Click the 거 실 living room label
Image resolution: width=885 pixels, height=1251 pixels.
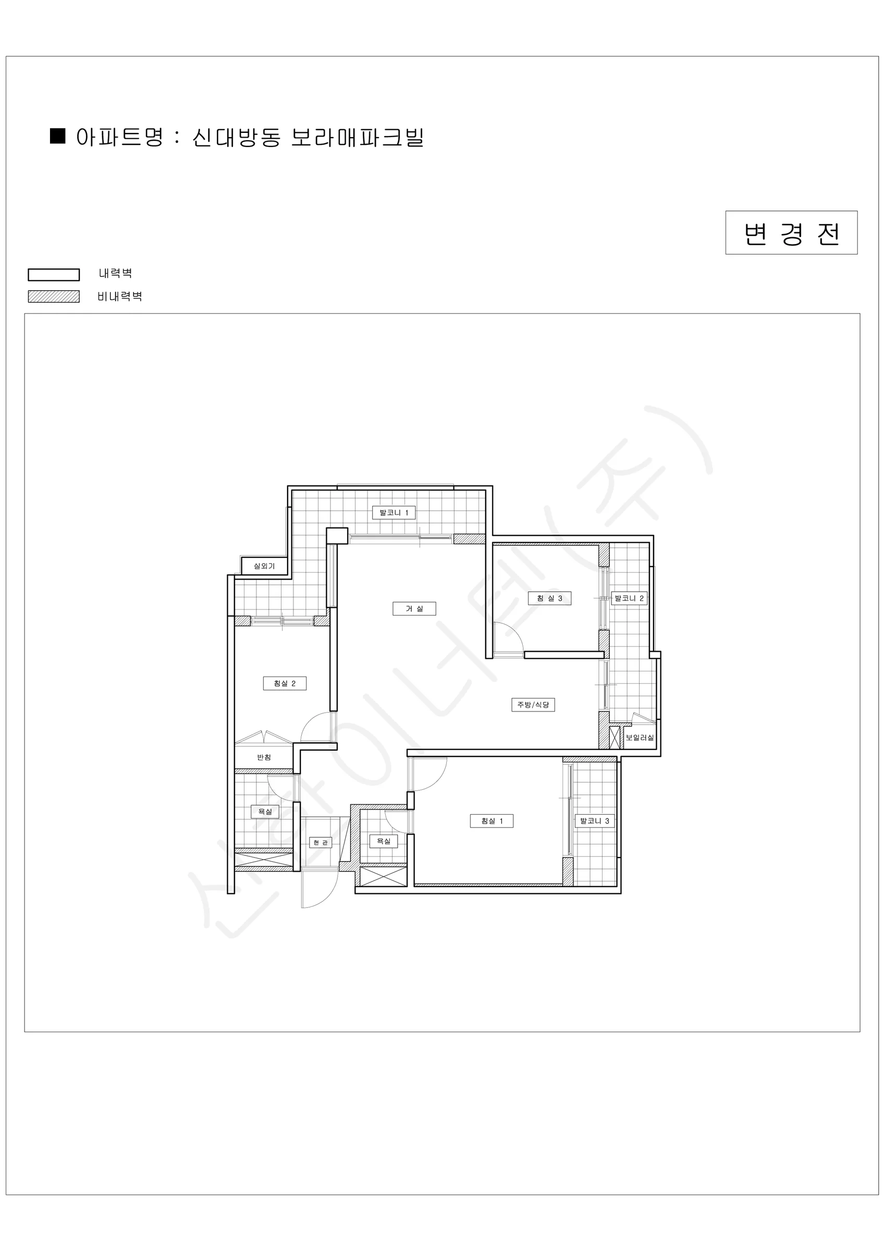[414, 609]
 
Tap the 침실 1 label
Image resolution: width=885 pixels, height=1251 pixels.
[491, 820]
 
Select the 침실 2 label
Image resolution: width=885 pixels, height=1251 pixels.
[285, 683]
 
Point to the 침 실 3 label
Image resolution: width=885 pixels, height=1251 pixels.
[549, 598]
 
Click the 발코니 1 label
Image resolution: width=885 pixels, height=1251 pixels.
[394, 513]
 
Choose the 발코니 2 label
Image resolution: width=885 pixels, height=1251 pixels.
[629, 598]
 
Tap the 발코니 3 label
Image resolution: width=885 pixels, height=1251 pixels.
[595, 820]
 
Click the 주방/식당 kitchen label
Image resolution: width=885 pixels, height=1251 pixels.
[533, 705]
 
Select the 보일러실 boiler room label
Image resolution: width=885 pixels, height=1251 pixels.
[639, 738]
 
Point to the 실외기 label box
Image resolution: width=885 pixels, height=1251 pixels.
[264, 566]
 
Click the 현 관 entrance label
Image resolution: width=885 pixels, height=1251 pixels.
[321, 842]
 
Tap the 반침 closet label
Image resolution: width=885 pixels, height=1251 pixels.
[264, 757]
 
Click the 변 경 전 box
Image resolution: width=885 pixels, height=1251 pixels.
[791, 232]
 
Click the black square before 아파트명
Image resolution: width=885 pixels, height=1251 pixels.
[57, 136]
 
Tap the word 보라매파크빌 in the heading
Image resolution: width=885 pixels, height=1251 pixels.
[358, 137]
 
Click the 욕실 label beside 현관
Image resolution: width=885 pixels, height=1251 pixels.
[384, 841]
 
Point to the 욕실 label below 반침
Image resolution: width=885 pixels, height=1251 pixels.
[265, 811]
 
